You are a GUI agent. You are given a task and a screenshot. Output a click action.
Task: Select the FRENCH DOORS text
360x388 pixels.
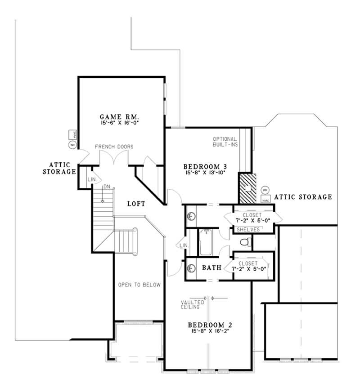pos(114,147)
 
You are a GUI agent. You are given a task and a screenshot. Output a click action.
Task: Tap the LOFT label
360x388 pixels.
pos(135,204)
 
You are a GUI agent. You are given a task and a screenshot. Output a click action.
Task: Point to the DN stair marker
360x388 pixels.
pos(107,187)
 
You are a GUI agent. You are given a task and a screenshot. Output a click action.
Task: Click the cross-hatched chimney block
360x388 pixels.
pos(247,188)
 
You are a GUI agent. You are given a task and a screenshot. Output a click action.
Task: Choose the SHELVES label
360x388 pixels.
pos(247,230)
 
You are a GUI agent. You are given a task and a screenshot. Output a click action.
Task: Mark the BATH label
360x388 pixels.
pos(211,268)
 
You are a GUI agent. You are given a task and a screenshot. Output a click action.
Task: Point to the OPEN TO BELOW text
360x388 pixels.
pos(139,285)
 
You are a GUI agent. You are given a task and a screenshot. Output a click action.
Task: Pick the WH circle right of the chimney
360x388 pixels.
pos(265,190)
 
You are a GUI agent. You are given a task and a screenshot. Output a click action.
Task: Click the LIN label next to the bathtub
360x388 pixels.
pos(183,245)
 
